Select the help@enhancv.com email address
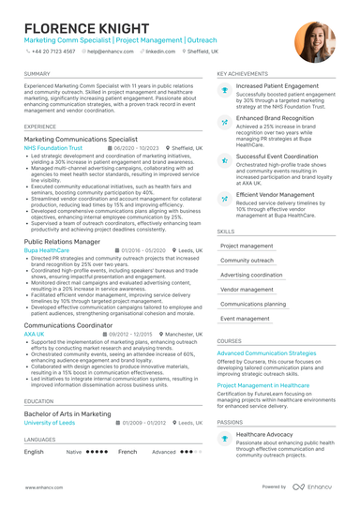[x=112, y=52]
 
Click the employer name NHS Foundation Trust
[x=53, y=148]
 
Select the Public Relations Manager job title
[x=62, y=241]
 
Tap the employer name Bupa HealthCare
[x=47, y=250]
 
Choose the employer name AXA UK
[x=34, y=334]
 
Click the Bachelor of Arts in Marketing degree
[x=67, y=413]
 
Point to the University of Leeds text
[x=51, y=423]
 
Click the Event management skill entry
[x=245, y=319]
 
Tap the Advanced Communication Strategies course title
[x=266, y=353]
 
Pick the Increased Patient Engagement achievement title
[x=277, y=86]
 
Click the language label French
[x=127, y=451]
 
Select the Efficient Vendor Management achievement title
[x=280, y=195]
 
